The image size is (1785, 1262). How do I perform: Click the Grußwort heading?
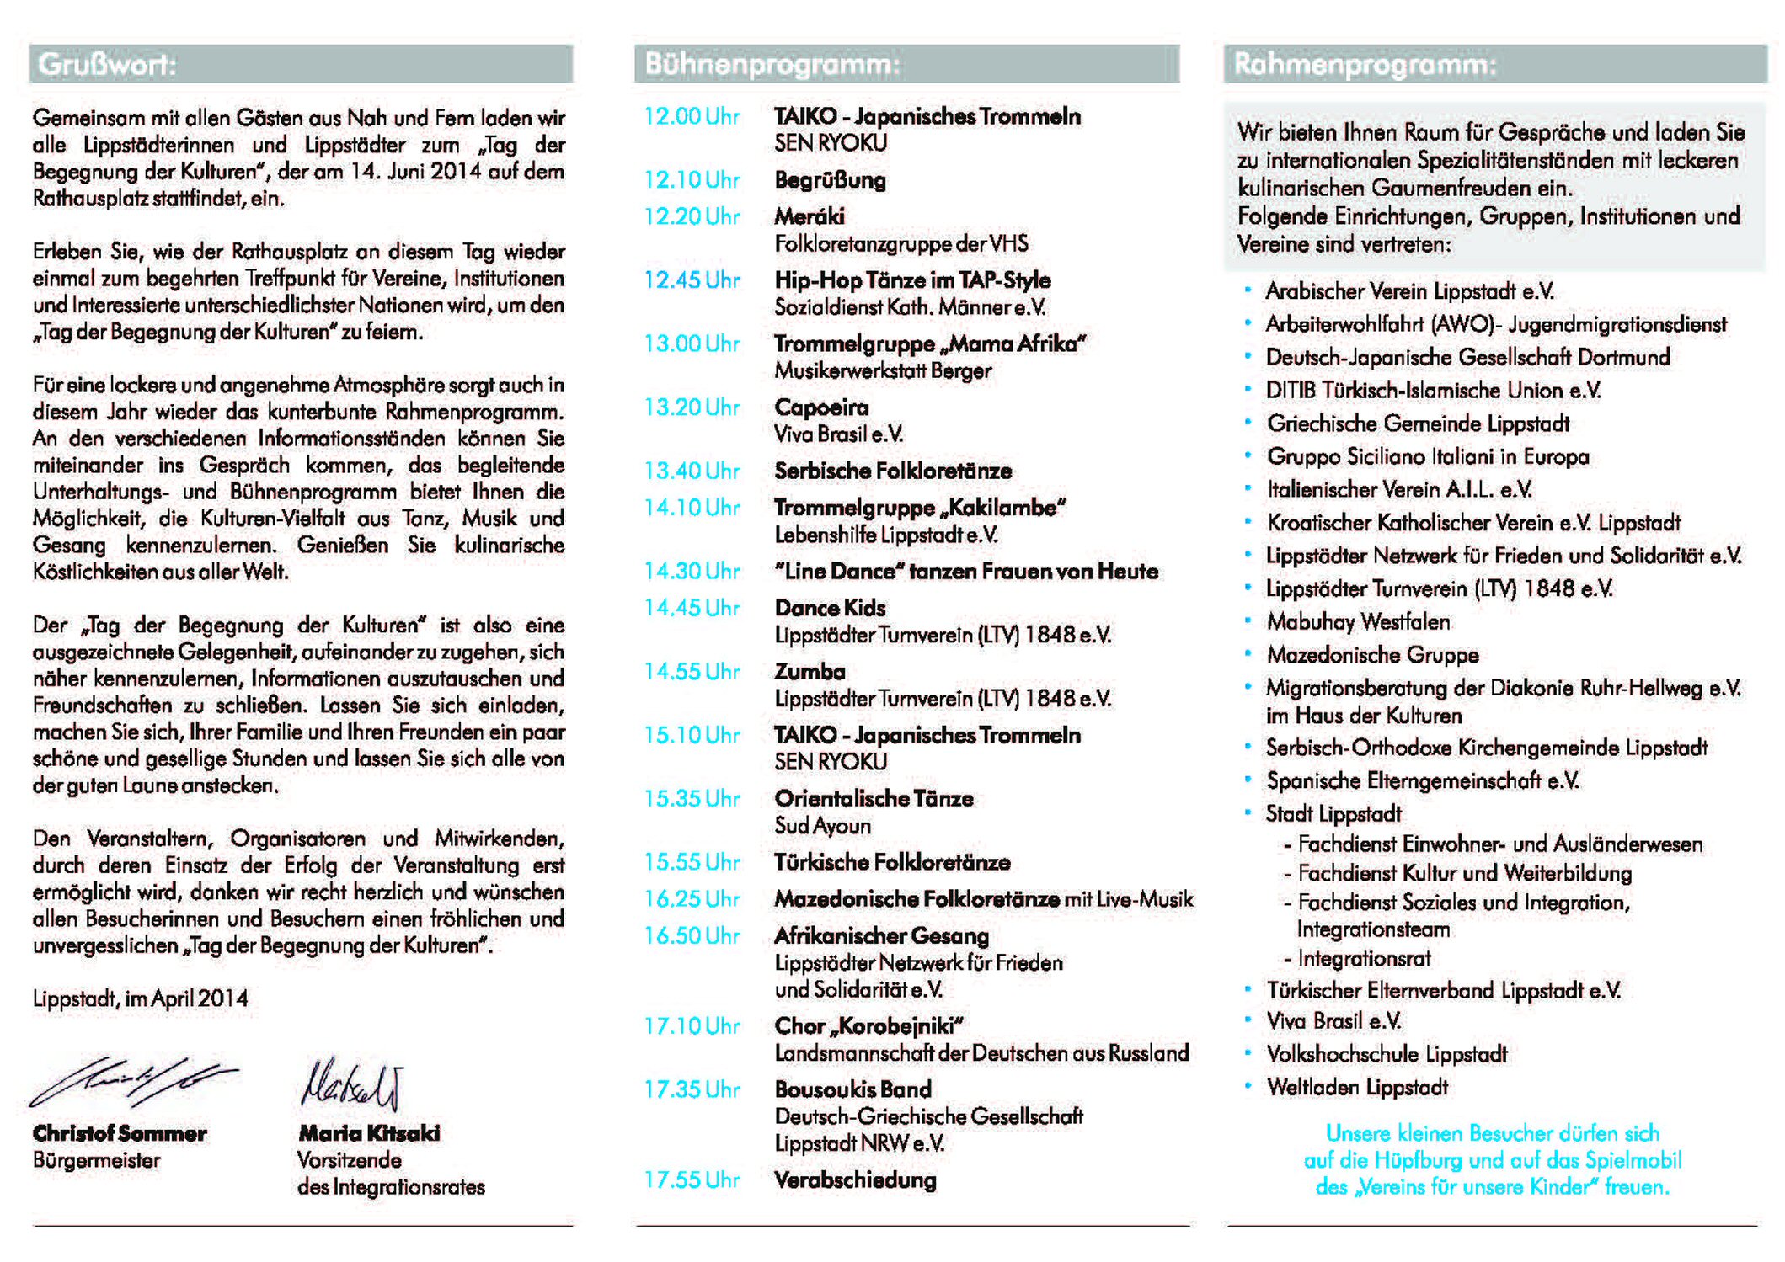(x=107, y=65)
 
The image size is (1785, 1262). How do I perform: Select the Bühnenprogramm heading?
(x=772, y=65)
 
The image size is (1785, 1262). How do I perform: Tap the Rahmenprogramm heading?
(x=1365, y=65)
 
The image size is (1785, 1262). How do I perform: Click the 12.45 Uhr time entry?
(x=691, y=280)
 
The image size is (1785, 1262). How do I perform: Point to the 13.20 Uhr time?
(x=691, y=407)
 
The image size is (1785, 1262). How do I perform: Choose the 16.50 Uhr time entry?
(x=691, y=936)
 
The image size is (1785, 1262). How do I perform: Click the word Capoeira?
(x=821, y=407)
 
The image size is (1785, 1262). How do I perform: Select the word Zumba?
(x=810, y=672)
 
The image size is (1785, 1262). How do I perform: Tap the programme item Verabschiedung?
(x=855, y=1180)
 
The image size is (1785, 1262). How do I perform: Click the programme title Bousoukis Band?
(x=852, y=1089)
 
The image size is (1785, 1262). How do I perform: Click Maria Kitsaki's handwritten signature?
(x=351, y=1084)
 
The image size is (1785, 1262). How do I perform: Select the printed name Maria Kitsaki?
(x=369, y=1133)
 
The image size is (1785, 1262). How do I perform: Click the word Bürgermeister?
(x=96, y=1161)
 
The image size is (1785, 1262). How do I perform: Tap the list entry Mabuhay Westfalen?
(x=1358, y=622)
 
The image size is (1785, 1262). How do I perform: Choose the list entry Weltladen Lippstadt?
(x=1357, y=1088)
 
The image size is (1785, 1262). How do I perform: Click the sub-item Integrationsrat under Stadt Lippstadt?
(x=1364, y=959)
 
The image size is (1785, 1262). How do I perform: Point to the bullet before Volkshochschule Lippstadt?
(x=1248, y=1053)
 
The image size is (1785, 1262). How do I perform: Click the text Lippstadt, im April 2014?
(x=140, y=999)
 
